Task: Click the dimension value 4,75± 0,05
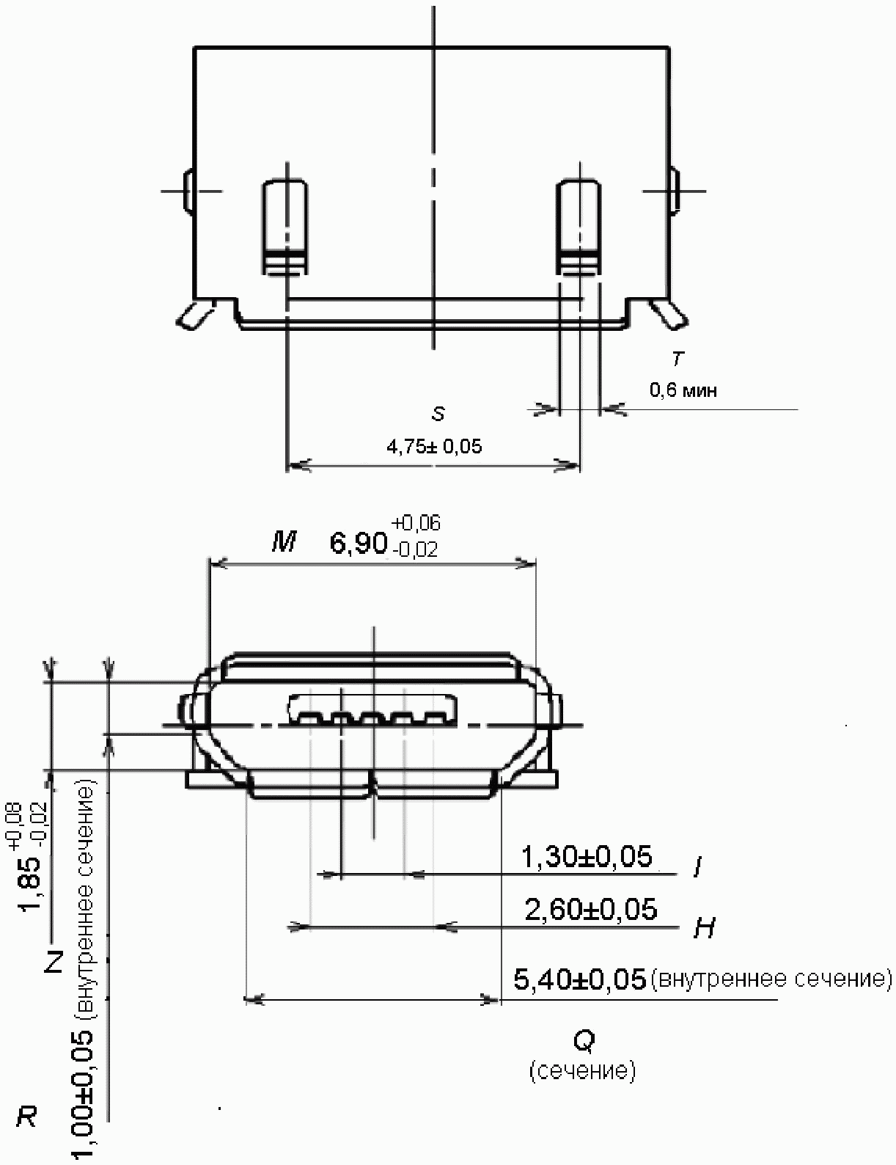(x=434, y=446)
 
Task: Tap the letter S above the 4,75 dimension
(x=438, y=414)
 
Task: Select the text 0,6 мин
(x=683, y=390)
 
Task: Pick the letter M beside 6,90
(x=284, y=543)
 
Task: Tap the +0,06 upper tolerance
(x=416, y=523)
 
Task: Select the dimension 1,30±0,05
(x=587, y=856)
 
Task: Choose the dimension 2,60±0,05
(x=591, y=909)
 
